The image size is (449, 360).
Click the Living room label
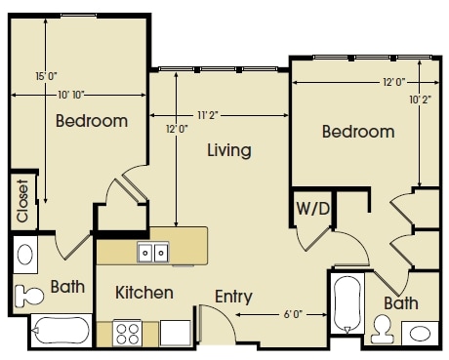[229, 151]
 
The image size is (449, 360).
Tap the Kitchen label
[144, 293]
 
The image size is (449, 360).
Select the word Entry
[233, 297]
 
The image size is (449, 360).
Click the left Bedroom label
[92, 122]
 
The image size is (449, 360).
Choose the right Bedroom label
[358, 132]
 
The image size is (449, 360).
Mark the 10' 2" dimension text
[421, 99]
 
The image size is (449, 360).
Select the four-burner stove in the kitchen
[128, 334]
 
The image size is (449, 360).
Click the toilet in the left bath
[28, 292]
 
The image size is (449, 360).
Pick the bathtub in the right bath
[347, 305]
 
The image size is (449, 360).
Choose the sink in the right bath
[420, 334]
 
